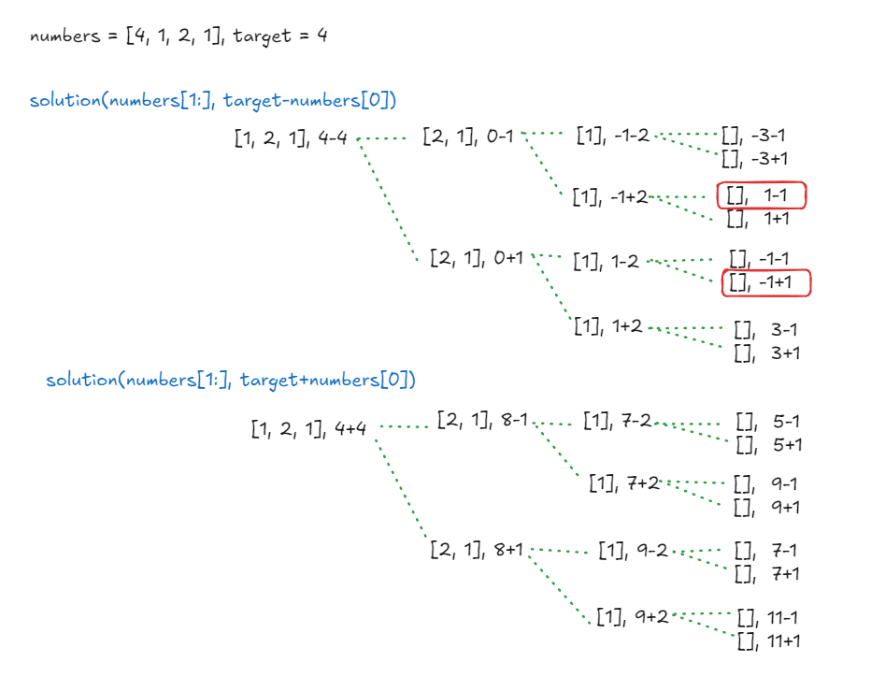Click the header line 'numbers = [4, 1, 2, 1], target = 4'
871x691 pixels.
pyautogui.click(x=178, y=36)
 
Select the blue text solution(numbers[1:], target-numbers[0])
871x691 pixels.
pyautogui.click(x=214, y=100)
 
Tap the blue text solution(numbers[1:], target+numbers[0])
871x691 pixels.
pyautogui.click(x=231, y=380)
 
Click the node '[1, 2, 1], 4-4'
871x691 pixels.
pyautogui.click(x=292, y=139)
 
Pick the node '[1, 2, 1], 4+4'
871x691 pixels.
pyautogui.click(x=308, y=429)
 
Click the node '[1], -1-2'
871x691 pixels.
pyautogui.click(x=612, y=135)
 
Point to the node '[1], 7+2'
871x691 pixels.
pyautogui.click(x=624, y=482)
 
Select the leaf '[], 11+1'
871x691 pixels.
pyautogui.click(x=769, y=641)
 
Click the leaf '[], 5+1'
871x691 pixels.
pyautogui.click(x=769, y=445)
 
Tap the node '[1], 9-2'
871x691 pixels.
pyautogui.click(x=633, y=550)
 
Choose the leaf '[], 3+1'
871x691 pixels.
pyautogui.click(x=766, y=353)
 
